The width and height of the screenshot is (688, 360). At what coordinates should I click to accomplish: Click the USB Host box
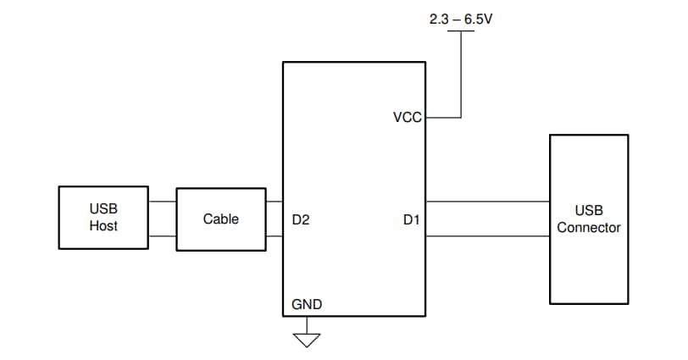103,218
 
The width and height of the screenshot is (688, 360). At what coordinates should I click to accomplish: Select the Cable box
220,219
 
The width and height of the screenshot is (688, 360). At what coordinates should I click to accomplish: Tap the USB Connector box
588,219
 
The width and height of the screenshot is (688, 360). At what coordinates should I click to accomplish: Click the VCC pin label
407,118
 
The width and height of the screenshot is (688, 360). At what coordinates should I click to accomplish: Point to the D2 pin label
301,219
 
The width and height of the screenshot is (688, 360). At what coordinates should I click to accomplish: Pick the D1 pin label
411,219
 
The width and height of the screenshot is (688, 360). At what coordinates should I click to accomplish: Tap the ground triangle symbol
307,340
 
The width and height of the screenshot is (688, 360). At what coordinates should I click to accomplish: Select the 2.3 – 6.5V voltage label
461,18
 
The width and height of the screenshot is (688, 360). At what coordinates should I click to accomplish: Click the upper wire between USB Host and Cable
162,202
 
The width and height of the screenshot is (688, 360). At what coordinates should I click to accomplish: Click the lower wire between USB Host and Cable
162,235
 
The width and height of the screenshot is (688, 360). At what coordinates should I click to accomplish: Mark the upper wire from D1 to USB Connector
487,202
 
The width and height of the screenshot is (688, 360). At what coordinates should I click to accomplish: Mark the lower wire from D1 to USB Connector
487,235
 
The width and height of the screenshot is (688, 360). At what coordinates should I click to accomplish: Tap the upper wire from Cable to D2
274,202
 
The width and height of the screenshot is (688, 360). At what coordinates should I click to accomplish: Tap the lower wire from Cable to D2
274,235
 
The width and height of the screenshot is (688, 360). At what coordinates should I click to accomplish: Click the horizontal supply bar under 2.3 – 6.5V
461,31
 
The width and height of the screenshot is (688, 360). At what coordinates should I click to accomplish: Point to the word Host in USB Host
103,226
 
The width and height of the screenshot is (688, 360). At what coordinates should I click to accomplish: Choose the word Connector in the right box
588,228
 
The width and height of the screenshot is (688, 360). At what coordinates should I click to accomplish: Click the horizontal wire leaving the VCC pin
442,118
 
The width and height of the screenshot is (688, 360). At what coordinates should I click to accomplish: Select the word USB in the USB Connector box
588,210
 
